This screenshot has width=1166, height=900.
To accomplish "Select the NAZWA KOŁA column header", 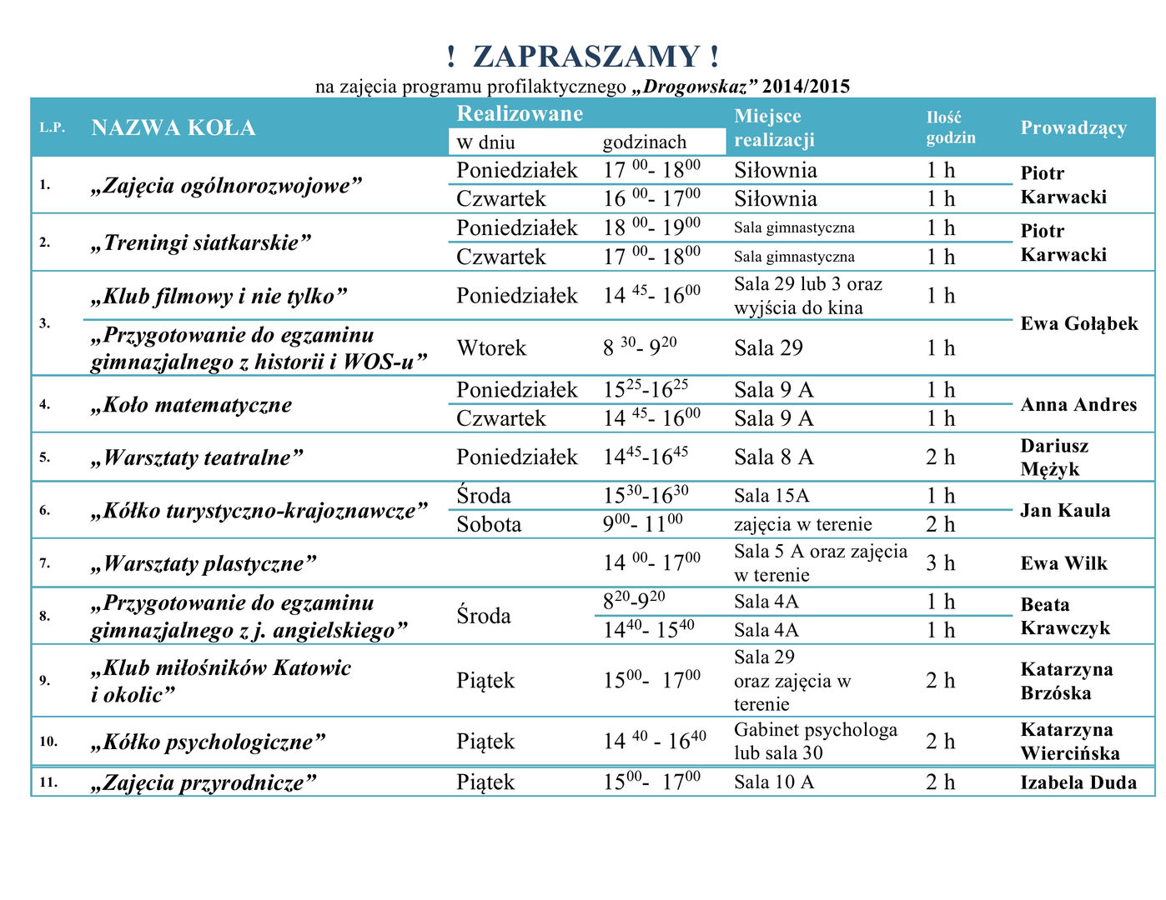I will (x=173, y=127).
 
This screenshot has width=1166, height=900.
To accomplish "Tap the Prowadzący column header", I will (x=1073, y=127).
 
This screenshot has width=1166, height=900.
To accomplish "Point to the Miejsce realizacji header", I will (x=773, y=127).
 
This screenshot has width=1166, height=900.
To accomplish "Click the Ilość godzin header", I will (x=950, y=127).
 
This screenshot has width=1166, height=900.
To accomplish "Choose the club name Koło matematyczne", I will (x=191, y=405).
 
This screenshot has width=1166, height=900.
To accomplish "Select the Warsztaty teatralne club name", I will (x=196, y=457).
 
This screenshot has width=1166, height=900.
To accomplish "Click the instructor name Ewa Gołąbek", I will (x=1078, y=323).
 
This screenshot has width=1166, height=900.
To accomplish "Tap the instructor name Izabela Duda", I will (x=1078, y=782).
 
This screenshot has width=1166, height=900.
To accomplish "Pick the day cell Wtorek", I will (x=490, y=347).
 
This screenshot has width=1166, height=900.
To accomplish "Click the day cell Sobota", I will (x=489, y=524).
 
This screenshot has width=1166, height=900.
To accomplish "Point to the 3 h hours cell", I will (x=940, y=563).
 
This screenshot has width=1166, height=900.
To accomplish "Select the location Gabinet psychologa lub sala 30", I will (x=815, y=741).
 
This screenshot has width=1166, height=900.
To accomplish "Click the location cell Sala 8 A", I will (x=773, y=457).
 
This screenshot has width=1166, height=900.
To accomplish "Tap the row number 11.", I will (x=48, y=782).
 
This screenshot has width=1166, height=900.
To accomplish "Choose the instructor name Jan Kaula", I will (x=1065, y=510).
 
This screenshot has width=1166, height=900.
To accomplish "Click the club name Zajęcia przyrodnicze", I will (x=204, y=782).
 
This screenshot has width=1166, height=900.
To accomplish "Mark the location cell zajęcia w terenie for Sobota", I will (x=802, y=524).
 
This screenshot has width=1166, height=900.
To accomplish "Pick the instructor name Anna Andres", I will (x=1078, y=405).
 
